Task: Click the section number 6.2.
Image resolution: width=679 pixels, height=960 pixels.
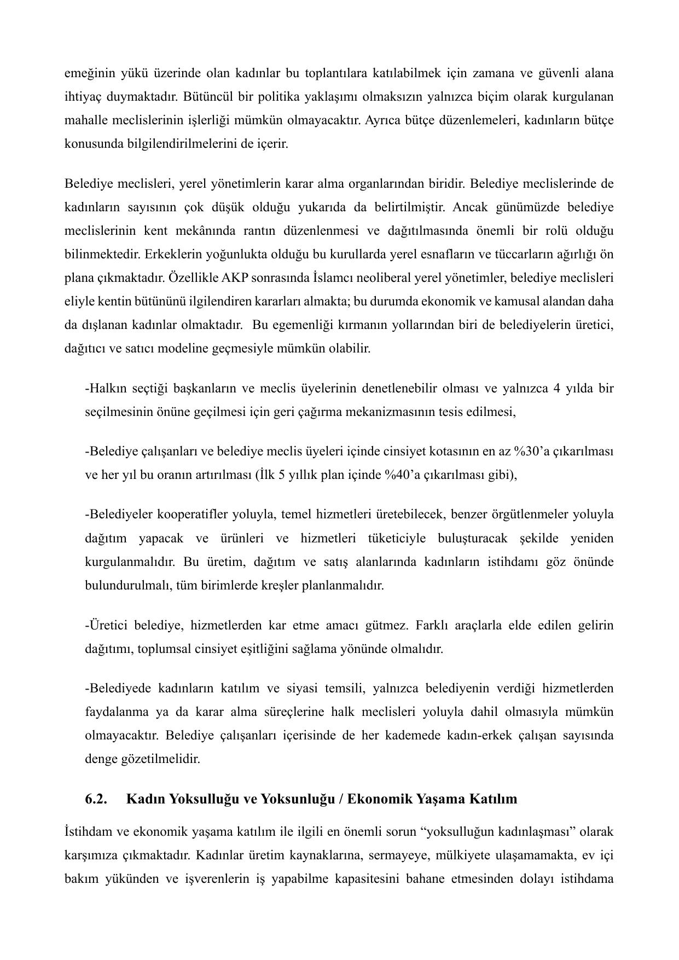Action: pos(96,799)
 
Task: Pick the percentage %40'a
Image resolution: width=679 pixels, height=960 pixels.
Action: pos(404,475)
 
